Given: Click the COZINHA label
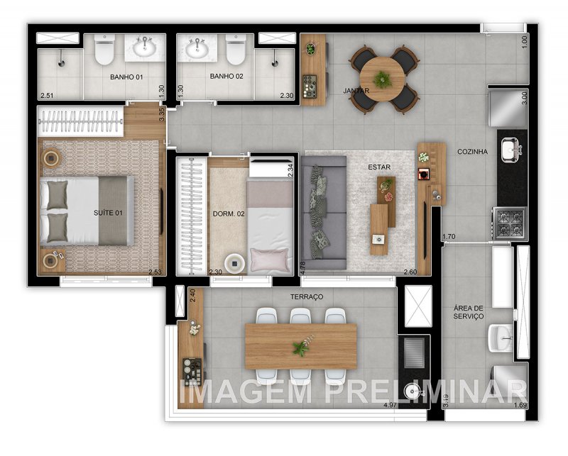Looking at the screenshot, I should pyautogui.click(x=471, y=151).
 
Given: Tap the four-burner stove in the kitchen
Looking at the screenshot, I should pyautogui.click(x=511, y=223).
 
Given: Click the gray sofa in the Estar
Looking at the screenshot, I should pyautogui.click(x=322, y=213).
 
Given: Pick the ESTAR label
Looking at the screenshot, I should pyautogui.click(x=379, y=167).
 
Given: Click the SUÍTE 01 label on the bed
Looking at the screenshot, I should pyautogui.click(x=108, y=212).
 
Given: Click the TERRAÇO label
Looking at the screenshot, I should pyautogui.click(x=307, y=296).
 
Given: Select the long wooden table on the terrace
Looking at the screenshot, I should pyautogui.click(x=300, y=347).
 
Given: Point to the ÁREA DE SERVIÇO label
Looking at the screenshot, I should pyautogui.click(x=469, y=312).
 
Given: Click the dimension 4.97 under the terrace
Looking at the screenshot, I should pyautogui.click(x=390, y=405).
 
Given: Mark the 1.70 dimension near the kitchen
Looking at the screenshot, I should pyautogui.click(x=448, y=237).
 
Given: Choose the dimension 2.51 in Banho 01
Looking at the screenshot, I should pyautogui.click(x=46, y=95).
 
